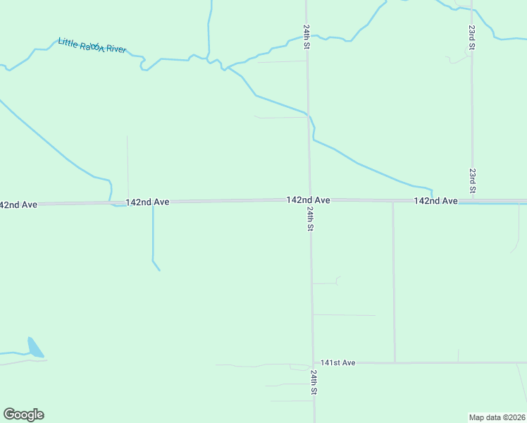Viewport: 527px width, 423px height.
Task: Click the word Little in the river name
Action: point(70,43)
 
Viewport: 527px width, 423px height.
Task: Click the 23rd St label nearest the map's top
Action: point(471,37)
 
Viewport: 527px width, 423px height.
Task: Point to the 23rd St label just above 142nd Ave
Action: point(473,180)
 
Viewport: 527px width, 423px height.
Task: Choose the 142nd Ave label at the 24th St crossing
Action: point(308,200)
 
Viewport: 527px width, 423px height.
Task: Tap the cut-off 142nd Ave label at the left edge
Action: point(18,204)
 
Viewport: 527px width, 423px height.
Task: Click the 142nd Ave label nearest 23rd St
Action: point(435,201)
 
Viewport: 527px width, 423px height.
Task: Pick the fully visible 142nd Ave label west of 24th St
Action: point(147,202)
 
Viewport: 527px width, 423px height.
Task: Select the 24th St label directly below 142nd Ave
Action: point(310,219)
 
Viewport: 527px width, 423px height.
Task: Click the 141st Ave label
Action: point(337,362)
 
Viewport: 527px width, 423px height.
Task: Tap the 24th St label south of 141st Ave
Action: point(314,383)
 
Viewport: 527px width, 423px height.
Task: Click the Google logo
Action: point(23,415)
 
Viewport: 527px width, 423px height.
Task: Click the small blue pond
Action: point(35,348)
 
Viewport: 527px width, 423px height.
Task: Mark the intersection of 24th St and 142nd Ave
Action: point(309,200)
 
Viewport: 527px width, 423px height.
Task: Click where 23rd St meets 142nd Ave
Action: point(473,200)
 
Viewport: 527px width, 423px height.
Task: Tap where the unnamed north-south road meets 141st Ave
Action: point(394,362)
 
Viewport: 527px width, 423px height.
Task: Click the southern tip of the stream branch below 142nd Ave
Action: point(160,270)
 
